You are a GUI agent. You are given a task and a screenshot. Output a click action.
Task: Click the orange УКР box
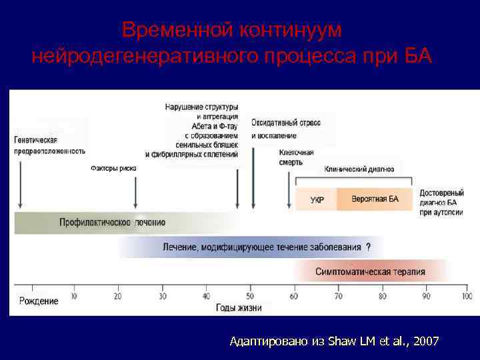317,200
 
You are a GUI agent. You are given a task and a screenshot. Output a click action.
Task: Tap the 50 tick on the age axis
251,296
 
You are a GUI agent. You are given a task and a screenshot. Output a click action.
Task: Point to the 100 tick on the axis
467,296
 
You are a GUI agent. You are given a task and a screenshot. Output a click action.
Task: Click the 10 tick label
73,296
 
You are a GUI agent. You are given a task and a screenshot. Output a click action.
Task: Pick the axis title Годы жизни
239,308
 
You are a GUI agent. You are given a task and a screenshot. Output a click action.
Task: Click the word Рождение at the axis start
39,301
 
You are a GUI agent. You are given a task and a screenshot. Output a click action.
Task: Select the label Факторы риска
113,169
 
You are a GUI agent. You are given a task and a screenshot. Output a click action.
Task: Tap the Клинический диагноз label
359,169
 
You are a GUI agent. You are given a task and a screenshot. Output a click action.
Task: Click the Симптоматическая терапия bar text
370,271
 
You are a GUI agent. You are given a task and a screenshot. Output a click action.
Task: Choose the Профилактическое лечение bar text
112,222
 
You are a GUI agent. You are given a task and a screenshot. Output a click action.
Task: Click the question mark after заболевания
369,247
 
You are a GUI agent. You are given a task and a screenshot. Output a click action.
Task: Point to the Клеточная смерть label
297,157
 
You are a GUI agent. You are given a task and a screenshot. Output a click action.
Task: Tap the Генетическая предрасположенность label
49,145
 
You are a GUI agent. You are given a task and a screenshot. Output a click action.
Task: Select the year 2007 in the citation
426,341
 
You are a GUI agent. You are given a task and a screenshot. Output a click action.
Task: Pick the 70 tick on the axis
338,296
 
